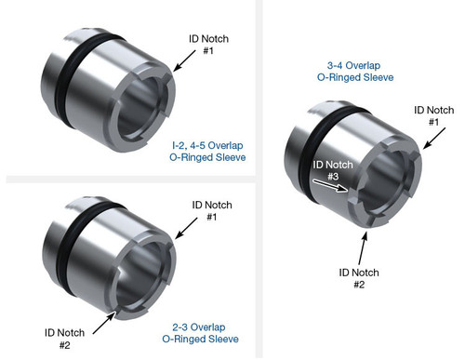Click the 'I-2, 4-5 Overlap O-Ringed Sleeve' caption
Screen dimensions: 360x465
[208, 152]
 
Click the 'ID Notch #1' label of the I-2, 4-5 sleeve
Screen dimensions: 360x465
[209, 44]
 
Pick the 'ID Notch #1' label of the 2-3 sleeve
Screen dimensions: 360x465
[211, 210]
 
